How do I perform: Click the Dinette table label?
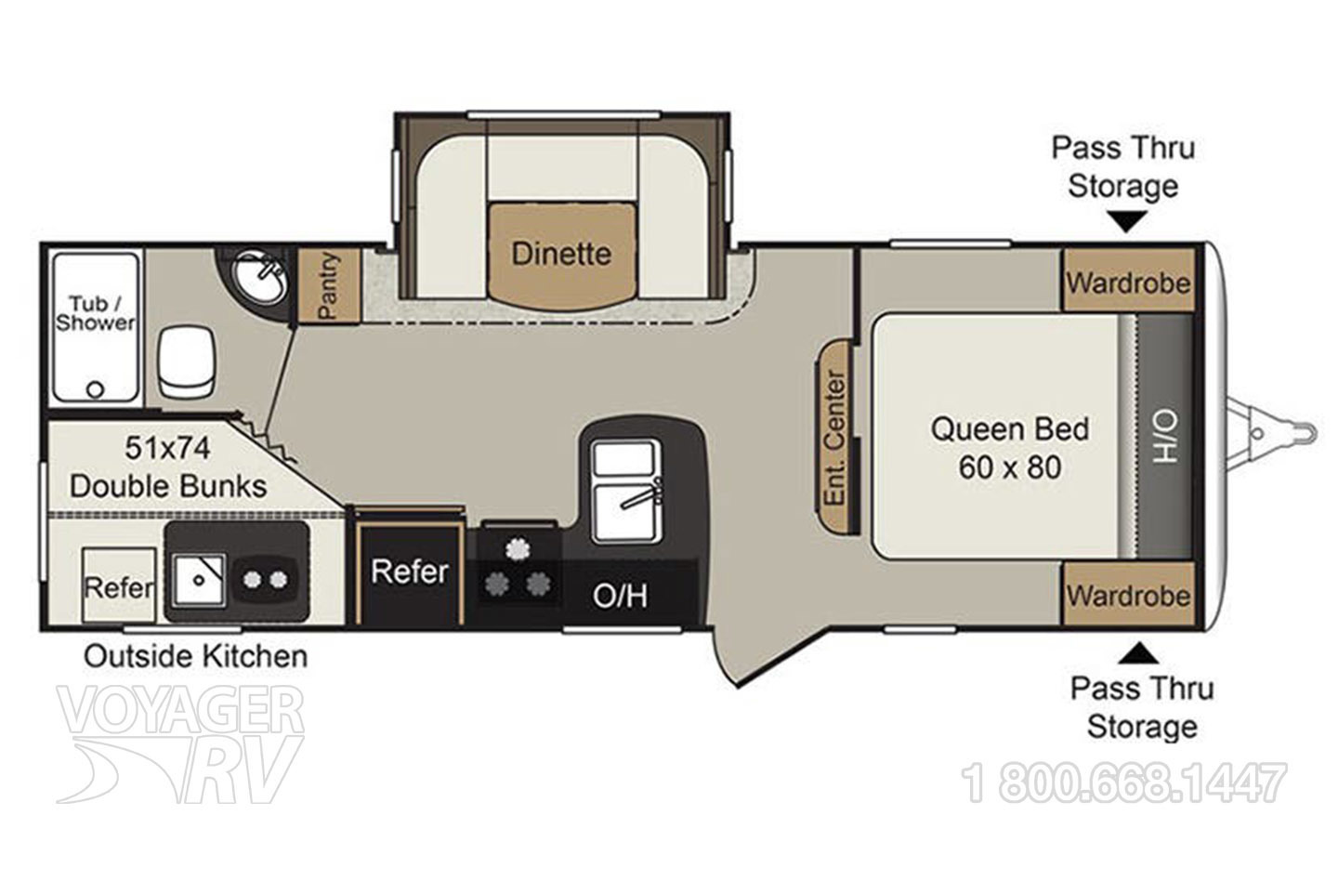pyautogui.click(x=561, y=254)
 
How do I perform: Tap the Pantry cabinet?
pyautogui.click(x=329, y=286)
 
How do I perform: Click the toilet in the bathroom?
pyautogui.click(x=188, y=362)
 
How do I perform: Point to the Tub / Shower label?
pyautogui.click(x=95, y=313)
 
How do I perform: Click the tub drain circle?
pyautogui.click(x=96, y=390)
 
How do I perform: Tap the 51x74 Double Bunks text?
pyautogui.click(x=168, y=467)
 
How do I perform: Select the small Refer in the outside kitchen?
pyautogui.click(x=119, y=585)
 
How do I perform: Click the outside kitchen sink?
pyautogui.click(x=199, y=579)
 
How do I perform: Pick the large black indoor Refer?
pyautogui.click(x=409, y=573)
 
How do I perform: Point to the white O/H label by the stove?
pyautogui.click(x=620, y=596)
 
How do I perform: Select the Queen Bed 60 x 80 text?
pyautogui.click(x=1009, y=448)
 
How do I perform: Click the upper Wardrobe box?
pyautogui.click(x=1128, y=280)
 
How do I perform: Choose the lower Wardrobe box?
pyautogui.click(x=1128, y=594)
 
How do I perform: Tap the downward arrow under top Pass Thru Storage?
pyautogui.click(x=1127, y=222)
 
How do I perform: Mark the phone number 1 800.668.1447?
pyautogui.click(x=1123, y=782)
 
